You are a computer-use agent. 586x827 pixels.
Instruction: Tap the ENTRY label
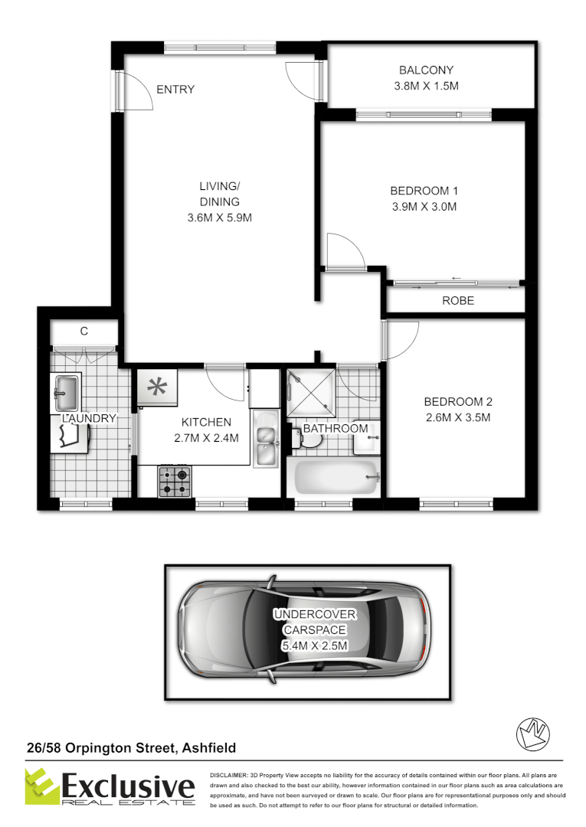(x=175, y=90)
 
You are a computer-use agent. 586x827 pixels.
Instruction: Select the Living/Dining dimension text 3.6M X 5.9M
(x=220, y=217)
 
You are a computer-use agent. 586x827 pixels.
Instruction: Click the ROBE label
(x=458, y=301)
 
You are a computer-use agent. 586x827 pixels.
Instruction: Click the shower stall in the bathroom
(x=310, y=392)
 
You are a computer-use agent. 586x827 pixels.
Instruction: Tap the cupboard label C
(x=84, y=332)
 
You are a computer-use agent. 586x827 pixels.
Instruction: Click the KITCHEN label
(x=206, y=422)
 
